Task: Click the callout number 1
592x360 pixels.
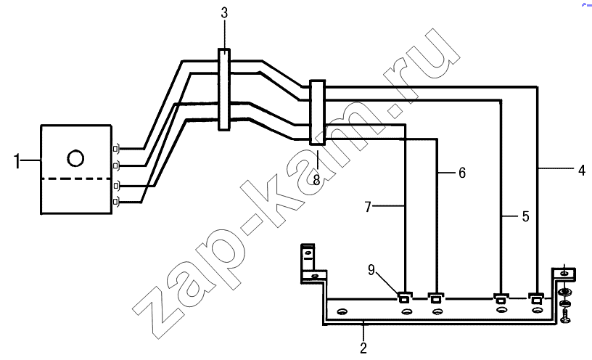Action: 17,161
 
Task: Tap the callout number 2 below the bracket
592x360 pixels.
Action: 363,348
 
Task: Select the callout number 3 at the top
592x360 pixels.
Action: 224,13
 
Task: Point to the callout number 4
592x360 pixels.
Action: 582,170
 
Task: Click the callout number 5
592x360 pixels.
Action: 525,216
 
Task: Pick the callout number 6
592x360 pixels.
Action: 462,173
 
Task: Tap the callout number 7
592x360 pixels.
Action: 368,207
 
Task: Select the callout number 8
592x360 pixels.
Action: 316,181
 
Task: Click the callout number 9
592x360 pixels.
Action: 371,270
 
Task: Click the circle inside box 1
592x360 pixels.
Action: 75,158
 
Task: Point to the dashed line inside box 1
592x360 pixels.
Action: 76,179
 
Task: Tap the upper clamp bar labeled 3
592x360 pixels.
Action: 224,89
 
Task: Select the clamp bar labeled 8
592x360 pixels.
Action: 317,112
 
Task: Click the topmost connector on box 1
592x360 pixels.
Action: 116,150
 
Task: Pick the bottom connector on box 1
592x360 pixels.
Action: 116,202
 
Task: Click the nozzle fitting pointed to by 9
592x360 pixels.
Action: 404,298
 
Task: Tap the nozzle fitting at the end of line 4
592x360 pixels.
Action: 535,298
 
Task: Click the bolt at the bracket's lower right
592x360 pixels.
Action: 566,316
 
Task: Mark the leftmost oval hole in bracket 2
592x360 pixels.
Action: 342,311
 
